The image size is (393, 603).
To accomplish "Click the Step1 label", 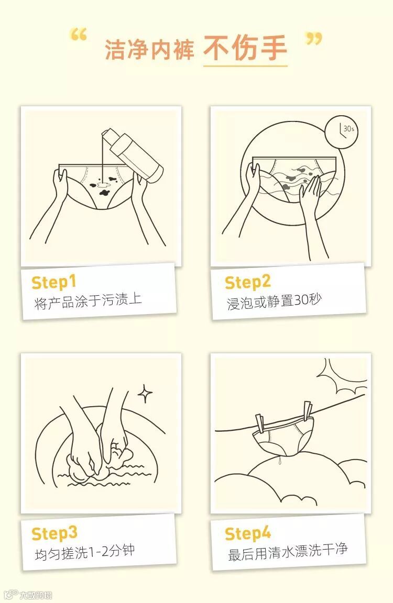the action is click(x=53, y=282).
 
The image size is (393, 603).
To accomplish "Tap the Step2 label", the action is click(x=248, y=282).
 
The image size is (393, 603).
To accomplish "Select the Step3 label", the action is click(x=54, y=534).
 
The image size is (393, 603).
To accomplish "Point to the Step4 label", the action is click(x=248, y=534).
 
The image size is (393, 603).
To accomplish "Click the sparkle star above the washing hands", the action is click(x=145, y=394).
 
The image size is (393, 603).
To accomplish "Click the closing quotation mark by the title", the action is click(x=313, y=38).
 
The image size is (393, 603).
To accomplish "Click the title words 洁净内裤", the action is click(x=149, y=50).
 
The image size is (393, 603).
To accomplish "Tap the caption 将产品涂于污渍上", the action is click(x=88, y=301).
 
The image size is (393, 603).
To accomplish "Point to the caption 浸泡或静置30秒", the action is click(x=274, y=301).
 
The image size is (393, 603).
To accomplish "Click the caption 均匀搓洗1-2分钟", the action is click(x=85, y=553).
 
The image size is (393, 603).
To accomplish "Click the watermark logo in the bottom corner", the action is click(x=27, y=595).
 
